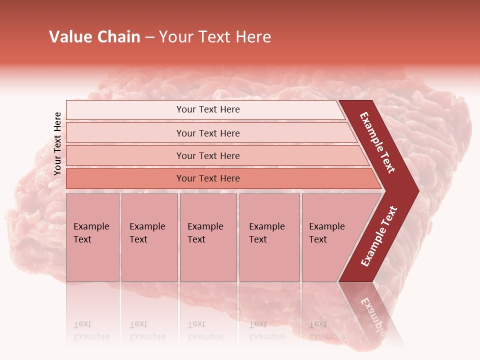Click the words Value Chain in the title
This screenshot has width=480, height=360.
pos(94,37)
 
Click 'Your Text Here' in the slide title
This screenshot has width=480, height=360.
pos(215,37)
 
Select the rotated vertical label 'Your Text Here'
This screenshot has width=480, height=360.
pos(57,143)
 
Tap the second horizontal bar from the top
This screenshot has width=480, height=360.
pos(207,133)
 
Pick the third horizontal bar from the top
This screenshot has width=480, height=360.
pos(207,155)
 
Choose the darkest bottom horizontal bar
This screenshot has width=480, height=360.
pos(207,178)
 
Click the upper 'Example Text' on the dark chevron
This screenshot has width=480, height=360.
pos(377,142)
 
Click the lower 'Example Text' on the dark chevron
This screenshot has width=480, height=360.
pos(379,236)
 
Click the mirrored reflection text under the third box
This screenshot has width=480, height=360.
pos(205,330)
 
